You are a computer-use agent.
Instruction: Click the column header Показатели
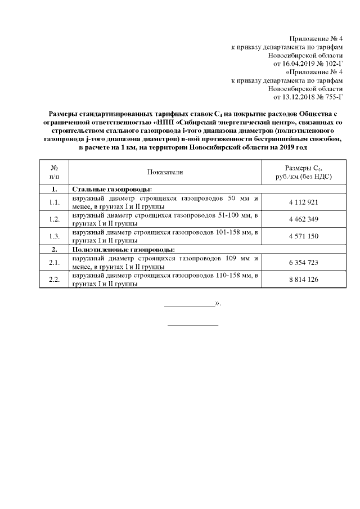point(165,172)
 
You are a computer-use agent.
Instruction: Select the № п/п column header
point(55,172)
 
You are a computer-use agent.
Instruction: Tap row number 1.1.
point(55,202)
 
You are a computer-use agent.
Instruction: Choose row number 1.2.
point(55,219)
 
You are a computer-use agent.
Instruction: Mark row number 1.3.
point(55,236)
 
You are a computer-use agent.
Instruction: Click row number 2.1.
point(55,263)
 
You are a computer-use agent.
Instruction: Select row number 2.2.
point(55,280)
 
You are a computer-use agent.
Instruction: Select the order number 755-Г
point(332,97)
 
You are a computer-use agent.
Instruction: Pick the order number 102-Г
point(332,64)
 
